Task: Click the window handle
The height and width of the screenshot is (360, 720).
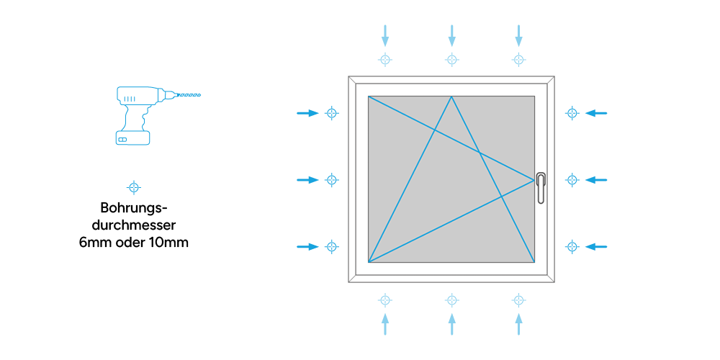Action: [541, 187]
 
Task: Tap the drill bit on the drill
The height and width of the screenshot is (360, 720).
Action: [188, 95]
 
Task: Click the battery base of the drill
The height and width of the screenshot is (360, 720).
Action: [132, 138]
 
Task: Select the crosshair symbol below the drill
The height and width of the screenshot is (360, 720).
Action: [134, 187]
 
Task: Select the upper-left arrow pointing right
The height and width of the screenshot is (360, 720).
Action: [307, 113]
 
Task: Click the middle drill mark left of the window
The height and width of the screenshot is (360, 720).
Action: [332, 179]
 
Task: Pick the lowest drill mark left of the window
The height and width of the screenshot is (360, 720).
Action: [332, 246]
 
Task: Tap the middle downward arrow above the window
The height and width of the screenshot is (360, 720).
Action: [452, 35]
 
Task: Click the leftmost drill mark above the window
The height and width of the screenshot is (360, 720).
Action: [385, 59]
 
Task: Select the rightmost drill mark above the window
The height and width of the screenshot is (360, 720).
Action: [518, 59]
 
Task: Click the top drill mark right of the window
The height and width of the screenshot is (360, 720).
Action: [572, 113]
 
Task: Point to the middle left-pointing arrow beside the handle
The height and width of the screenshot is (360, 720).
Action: [596, 179]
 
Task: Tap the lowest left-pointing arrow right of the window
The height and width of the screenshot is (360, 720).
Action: [596, 246]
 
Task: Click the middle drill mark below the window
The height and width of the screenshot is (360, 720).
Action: [452, 300]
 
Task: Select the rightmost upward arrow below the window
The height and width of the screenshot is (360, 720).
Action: [518, 324]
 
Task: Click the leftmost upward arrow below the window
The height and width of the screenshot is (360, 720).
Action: [385, 324]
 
